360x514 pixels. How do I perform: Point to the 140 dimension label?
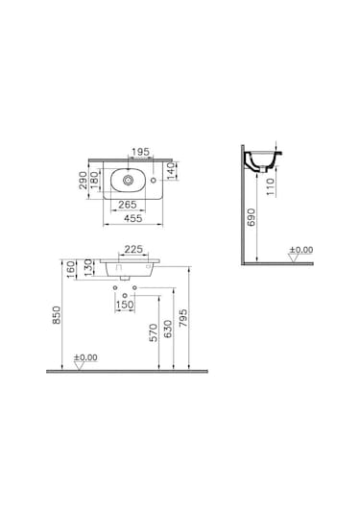[x=171, y=171]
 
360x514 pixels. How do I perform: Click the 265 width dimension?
[x=125, y=205]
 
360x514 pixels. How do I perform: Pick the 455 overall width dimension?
[x=125, y=219]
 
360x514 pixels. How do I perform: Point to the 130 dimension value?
[x=88, y=264]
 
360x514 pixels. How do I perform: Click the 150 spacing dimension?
[x=125, y=306]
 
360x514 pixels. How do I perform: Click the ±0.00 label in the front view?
[x=85, y=358]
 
